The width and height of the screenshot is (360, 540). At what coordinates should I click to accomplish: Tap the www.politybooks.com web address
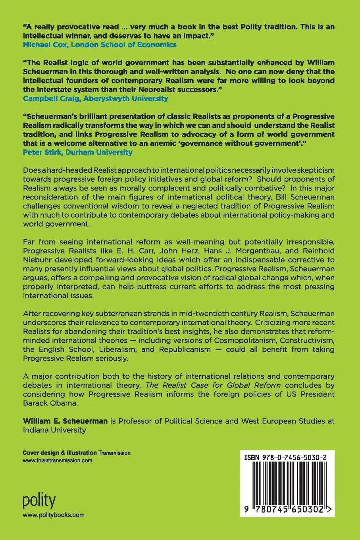54,515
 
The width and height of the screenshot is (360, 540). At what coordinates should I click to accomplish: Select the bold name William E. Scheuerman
65,421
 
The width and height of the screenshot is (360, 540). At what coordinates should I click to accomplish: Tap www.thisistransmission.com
58,460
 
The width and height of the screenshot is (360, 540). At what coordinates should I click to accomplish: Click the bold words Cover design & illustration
60,453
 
